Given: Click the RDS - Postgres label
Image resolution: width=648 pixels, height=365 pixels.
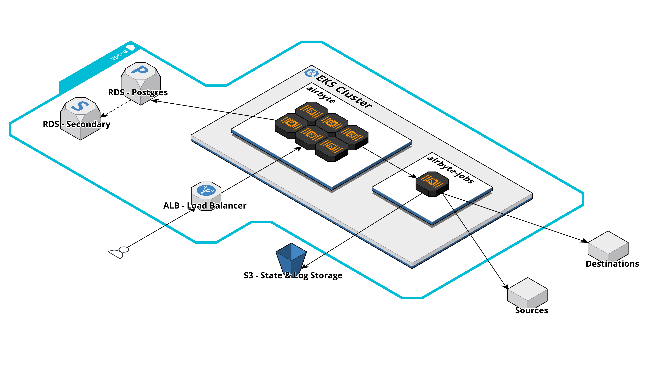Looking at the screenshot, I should (x=138, y=92).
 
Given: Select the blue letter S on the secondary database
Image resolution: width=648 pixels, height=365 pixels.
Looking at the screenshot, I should (x=80, y=106).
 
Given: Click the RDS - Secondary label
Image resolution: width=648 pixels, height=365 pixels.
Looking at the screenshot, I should (x=76, y=124).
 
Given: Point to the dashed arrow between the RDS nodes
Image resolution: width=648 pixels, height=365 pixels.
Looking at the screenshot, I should (x=117, y=108).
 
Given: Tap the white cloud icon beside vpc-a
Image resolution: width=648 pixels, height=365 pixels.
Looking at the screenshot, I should (x=131, y=47).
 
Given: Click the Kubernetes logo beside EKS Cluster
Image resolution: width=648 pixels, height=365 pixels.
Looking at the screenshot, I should (x=311, y=73).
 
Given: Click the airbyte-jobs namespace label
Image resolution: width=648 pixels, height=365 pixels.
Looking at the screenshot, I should (x=450, y=169).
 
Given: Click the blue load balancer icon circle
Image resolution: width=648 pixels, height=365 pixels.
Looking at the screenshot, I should (x=206, y=190).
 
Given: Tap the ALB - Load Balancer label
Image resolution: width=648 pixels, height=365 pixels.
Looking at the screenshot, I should (x=205, y=205).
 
